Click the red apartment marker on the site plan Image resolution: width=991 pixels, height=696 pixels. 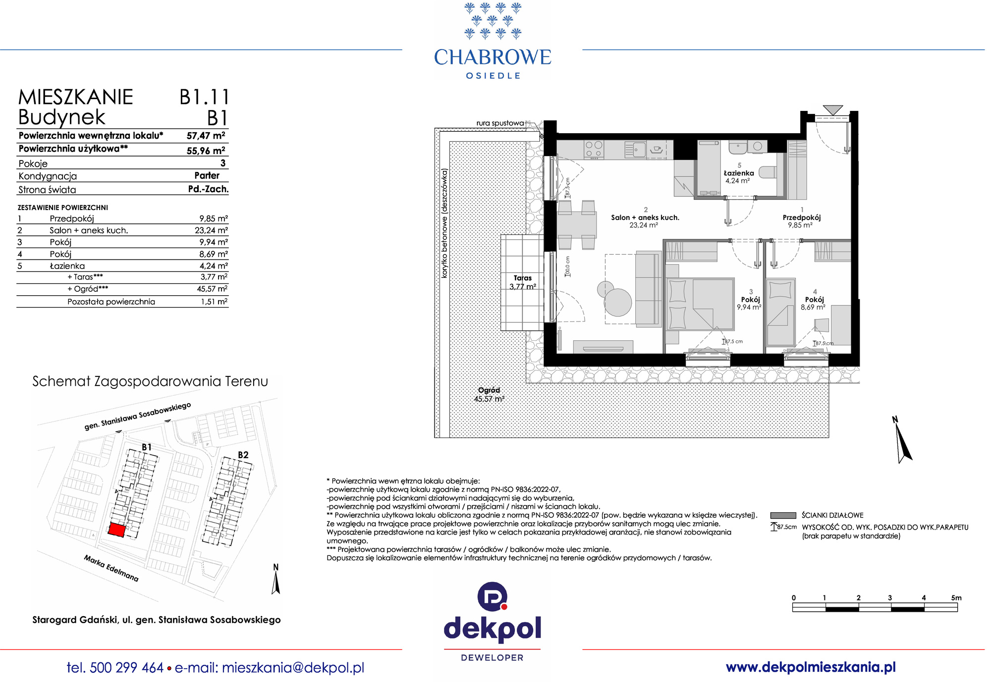tap(117, 530)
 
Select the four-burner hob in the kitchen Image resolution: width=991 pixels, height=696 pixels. tap(594, 150)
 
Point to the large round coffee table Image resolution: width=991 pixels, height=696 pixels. tap(618, 302)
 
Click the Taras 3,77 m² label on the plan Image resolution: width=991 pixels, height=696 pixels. tap(523, 282)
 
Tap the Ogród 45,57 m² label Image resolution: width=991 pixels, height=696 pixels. tap(489, 394)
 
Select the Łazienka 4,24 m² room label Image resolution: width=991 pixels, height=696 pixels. tap(739, 176)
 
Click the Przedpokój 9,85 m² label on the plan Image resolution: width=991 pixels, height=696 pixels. tap(801, 221)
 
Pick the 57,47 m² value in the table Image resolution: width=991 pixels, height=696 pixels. tap(206, 136)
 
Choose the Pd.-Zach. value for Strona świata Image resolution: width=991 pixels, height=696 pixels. tap(208, 189)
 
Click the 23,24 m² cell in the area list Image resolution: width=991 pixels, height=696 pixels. tap(211, 230)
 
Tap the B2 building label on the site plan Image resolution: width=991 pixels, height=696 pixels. tap(243, 455)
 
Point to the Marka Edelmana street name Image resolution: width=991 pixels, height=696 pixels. tap(111, 568)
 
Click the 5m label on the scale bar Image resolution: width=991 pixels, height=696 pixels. tap(956, 598)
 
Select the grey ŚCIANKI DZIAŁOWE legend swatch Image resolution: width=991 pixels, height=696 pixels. tap(783, 515)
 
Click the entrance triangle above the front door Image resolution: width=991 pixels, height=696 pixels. tap(832, 110)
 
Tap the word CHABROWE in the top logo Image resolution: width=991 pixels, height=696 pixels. tap(493, 57)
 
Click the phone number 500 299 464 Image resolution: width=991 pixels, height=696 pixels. tap(127, 668)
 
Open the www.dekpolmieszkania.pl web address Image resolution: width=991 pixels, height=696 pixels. tap(811, 667)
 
